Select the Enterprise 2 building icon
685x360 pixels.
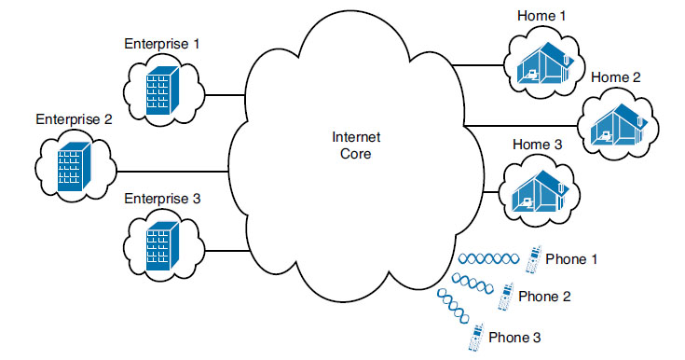(x=74, y=170)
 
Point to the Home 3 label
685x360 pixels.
(x=537, y=145)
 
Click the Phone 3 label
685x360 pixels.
(x=515, y=337)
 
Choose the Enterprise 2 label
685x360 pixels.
(x=74, y=119)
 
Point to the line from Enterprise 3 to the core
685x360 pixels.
(x=225, y=250)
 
